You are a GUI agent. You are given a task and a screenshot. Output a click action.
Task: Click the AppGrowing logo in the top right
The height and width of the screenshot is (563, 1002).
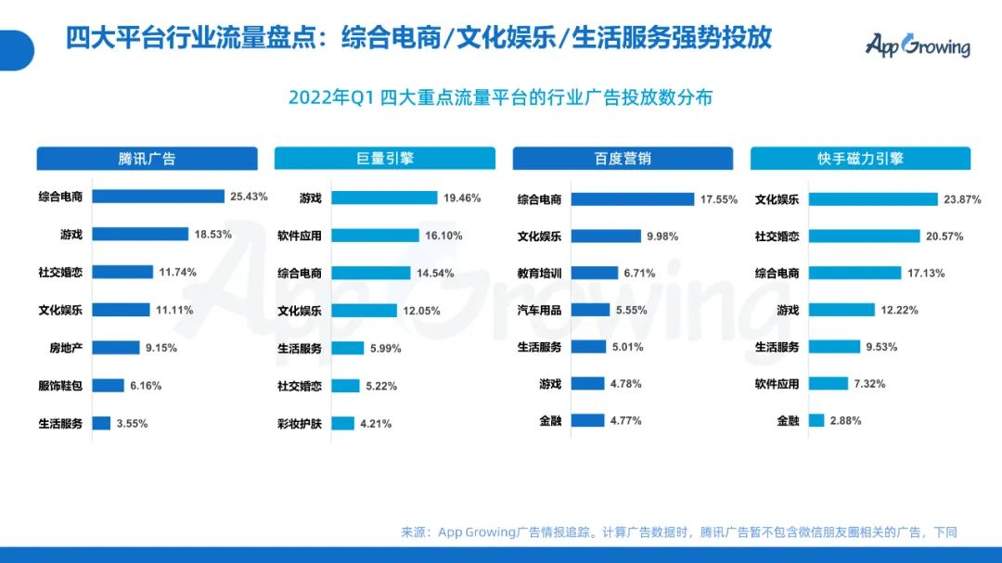[918, 45]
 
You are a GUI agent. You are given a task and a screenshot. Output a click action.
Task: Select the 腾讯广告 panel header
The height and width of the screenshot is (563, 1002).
[147, 159]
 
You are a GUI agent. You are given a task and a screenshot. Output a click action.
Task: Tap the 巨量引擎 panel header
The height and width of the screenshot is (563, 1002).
[385, 159]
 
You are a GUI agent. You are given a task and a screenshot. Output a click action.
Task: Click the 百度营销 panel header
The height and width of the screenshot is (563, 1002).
[623, 159]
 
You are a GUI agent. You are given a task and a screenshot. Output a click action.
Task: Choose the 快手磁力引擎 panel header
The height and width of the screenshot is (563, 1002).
[860, 159]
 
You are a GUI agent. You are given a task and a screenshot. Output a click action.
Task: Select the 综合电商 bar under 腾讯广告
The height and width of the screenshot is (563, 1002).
[159, 197]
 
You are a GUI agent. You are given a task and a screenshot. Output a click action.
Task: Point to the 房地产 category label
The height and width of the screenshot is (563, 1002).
[66, 348]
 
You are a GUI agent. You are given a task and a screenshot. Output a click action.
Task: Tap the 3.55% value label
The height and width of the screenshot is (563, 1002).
[132, 424]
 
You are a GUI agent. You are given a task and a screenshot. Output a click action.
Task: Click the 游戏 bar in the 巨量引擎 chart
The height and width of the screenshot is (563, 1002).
[384, 198]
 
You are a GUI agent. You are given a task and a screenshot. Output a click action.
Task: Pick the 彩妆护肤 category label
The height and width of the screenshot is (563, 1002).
[300, 424]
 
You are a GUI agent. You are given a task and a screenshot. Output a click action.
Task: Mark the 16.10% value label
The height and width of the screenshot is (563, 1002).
[443, 236]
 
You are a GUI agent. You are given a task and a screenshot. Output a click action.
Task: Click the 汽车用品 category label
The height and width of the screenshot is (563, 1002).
[539, 310]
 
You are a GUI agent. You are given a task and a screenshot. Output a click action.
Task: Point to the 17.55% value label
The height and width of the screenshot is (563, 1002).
[719, 198]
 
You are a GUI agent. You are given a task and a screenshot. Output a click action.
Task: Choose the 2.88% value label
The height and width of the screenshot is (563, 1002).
[845, 420]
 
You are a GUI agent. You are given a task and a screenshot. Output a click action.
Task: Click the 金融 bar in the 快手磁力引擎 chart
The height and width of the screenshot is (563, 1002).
[816, 420]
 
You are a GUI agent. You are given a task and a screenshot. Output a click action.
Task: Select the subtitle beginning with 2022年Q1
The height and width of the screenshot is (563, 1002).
[500, 97]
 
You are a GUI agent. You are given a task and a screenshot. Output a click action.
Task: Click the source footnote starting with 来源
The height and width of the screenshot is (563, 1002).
[678, 532]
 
